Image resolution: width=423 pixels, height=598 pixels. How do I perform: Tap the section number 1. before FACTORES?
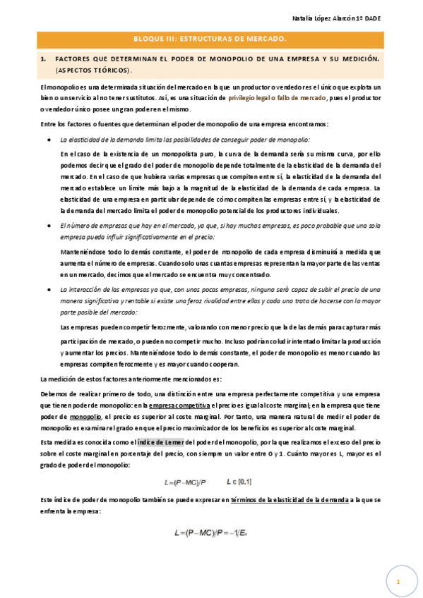pos(44,61)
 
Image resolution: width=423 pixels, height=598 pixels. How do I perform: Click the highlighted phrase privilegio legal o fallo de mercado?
pos(277,98)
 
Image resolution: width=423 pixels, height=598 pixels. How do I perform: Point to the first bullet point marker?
pos(48,140)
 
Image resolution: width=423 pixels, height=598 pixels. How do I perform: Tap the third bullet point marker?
pos(48,290)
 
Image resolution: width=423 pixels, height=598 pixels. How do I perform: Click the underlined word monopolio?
pos(85,417)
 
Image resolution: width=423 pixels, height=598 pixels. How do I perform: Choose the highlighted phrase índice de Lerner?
pos(161,441)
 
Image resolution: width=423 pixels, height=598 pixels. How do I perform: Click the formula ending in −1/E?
pos(211,535)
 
